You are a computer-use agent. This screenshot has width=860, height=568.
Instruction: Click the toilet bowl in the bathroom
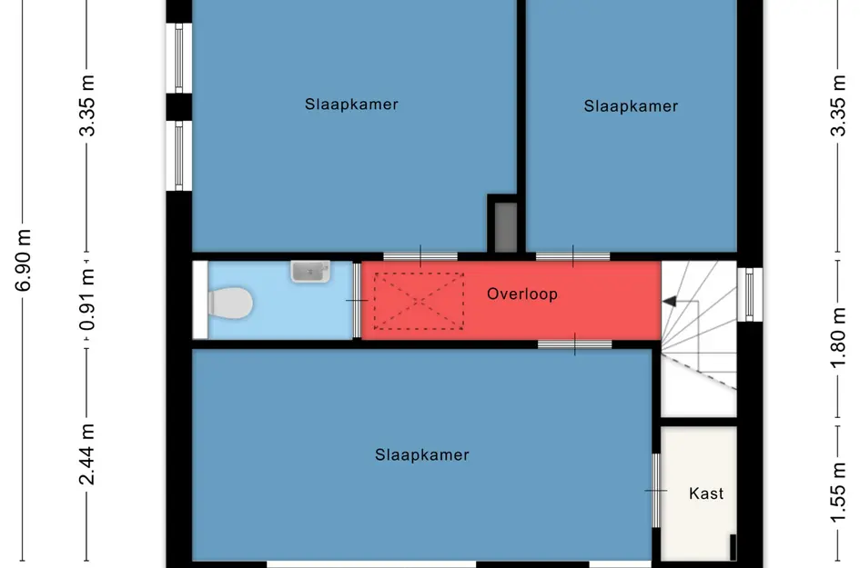pos(230,303)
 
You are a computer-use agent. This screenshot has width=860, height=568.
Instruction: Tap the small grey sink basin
pos(310,272)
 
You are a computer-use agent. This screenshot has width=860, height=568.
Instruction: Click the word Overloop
pos(522,294)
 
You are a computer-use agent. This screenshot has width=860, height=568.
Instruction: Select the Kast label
pos(706,493)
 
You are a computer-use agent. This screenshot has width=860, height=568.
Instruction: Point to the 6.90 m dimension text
pos(24,260)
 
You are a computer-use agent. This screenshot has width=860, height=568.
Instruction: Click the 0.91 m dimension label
pos(87,300)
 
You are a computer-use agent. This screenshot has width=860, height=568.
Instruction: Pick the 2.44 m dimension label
pos(87,454)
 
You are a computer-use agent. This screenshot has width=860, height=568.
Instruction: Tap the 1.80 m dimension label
pos(838,338)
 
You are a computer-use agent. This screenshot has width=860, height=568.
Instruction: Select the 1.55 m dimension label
pos(838,493)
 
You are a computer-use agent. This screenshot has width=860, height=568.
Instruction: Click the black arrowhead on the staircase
pos(669,301)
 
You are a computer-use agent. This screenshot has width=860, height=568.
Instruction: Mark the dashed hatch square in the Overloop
pos(419,301)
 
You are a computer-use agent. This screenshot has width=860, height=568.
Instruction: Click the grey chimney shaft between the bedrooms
pos(506,227)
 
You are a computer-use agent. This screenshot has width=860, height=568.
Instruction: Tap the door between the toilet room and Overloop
pos(357,300)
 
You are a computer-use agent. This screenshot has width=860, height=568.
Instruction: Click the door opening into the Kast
pos(656,491)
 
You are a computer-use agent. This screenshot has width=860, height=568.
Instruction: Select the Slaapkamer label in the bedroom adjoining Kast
pos(421,454)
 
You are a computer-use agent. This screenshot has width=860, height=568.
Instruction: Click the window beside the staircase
pos(750,294)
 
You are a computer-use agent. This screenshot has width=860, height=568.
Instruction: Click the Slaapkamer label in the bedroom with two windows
pos(351,105)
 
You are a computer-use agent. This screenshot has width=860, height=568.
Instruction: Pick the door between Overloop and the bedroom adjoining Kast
pos(575,344)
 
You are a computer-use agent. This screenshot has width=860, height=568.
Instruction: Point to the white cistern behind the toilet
pos(200,300)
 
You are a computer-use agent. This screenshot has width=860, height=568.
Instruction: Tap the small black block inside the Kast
pos(733,547)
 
